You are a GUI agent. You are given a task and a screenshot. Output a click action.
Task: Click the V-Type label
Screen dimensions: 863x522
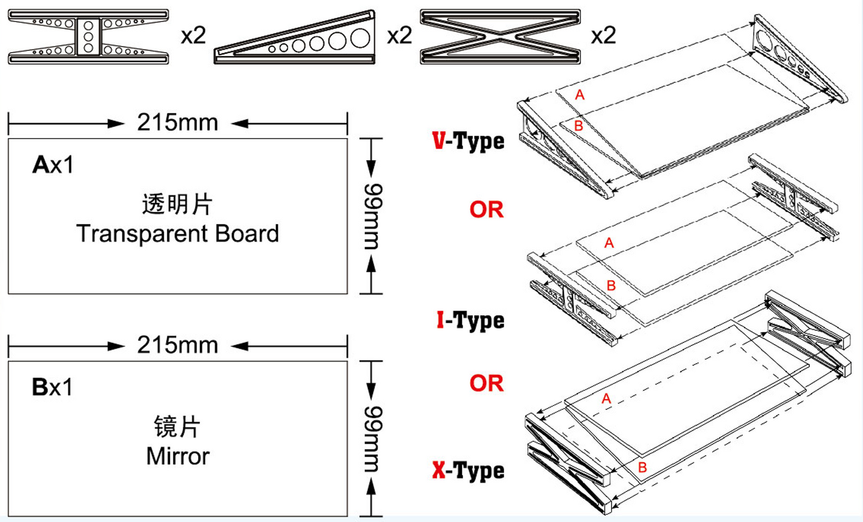point(468,141)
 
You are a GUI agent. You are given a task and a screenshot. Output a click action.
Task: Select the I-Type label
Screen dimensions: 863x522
point(471,321)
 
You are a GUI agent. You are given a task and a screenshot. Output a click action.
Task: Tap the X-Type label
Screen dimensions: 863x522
point(468,471)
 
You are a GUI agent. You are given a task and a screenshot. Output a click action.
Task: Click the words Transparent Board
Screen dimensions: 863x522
point(177,234)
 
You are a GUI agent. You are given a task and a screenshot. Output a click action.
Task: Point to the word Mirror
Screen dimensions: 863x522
point(177,456)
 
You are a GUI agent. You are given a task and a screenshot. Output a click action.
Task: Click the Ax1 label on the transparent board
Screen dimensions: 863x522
point(53,165)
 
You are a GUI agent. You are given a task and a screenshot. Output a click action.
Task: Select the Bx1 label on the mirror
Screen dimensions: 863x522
point(53,387)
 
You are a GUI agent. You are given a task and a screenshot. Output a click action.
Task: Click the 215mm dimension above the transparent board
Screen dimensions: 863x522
point(177,122)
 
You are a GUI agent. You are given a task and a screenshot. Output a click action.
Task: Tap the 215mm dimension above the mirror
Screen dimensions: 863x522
point(177,345)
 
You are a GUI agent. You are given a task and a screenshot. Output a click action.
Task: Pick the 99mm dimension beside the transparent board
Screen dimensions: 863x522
point(373,217)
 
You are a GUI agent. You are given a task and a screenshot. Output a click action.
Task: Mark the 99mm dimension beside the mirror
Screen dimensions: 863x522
point(373,439)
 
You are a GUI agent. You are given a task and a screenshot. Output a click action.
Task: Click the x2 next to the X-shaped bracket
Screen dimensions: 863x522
point(604,35)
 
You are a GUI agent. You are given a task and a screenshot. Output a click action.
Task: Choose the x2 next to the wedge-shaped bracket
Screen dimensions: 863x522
point(400,35)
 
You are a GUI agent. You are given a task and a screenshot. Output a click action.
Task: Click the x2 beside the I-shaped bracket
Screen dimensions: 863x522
point(194,35)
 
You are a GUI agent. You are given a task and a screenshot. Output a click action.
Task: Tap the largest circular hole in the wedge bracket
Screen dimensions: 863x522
point(360,38)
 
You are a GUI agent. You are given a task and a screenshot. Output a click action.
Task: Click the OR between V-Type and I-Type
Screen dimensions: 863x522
point(487,210)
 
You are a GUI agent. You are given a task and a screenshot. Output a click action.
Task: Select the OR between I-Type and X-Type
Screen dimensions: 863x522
point(487,383)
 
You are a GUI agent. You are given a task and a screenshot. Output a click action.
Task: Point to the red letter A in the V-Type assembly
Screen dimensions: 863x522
point(580,95)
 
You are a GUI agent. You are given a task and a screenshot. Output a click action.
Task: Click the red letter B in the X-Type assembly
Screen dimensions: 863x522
point(642,467)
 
